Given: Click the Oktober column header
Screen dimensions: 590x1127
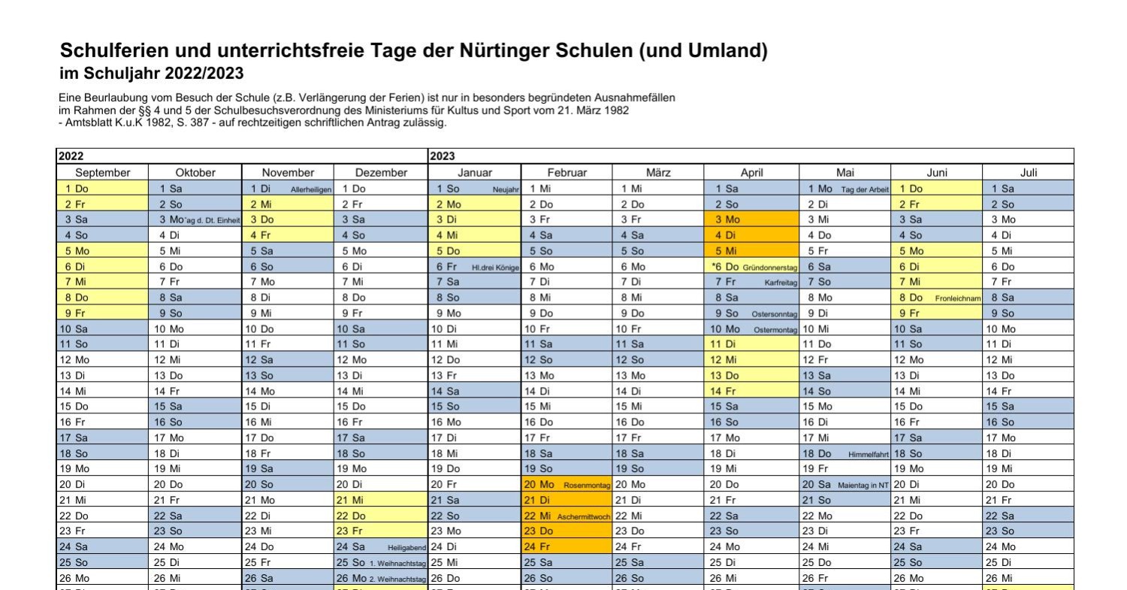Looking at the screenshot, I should pyautogui.click(x=195, y=173).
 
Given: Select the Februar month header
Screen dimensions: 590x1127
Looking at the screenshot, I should pyautogui.click(x=567, y=173).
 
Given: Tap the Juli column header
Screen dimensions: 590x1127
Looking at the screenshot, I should pyautogui.click(x=1028, y=173).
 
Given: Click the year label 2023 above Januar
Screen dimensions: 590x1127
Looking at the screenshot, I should pyautogui.click(x=443, y=156).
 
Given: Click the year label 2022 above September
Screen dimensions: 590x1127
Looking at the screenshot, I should pyautogui.click(x=71, y=156).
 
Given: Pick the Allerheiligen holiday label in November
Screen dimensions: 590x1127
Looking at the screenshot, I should pyautogui.click(x=311, y=189).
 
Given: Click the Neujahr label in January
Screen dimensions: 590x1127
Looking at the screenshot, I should pyautogui.click(x=506, y=189).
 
